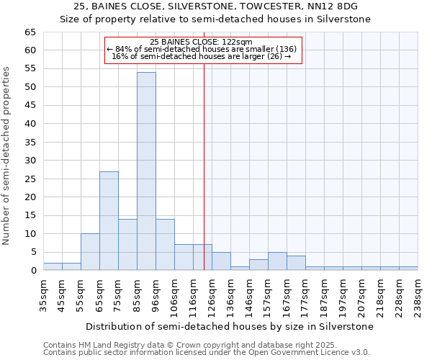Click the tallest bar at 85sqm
tap(146, 171)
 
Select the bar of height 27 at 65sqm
tap(109, 220)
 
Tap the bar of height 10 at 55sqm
tap(90, 252)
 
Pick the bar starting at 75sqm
tap(127, 245)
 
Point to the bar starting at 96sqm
tap(165, 245)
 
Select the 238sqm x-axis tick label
tap(418, 295)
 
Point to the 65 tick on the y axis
tap(30, 32)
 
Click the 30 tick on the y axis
tap(30, 161)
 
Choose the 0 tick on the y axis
tap(32, 271)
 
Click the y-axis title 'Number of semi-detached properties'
tap(7, 156)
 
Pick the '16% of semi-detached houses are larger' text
tap(202, 56)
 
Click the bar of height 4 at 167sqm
tap(296, 264)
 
